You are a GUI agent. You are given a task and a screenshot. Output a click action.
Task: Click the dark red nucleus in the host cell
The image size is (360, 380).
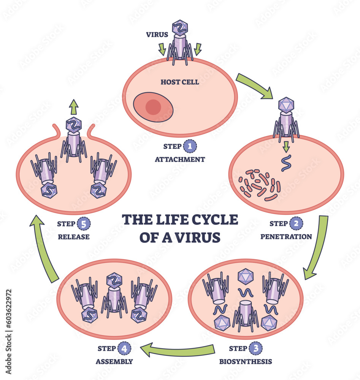(153, 106)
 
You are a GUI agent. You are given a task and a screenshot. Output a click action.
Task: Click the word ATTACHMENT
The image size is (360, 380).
(180, 159)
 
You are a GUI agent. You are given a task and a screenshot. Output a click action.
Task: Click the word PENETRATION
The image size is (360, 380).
(286, 236)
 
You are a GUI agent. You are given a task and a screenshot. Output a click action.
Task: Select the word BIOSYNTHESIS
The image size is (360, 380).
(246, 361)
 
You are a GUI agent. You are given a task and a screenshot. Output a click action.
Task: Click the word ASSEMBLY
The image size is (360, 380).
(114, 361)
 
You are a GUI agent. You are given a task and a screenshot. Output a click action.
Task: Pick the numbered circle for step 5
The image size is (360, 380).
(84, 224)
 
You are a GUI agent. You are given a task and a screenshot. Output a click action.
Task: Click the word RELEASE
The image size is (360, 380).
(74, 237)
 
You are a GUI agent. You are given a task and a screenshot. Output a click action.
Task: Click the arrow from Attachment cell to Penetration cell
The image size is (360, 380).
(255, 85)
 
